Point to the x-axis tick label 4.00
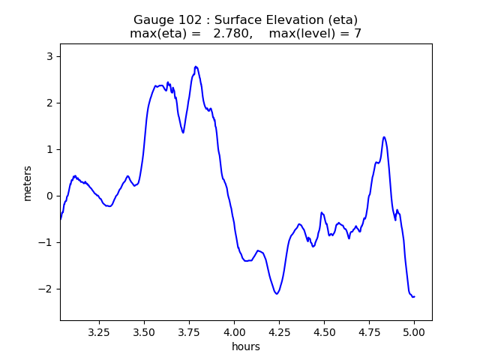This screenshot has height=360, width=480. pos(234,331)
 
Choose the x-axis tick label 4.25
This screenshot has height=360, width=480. pos(279,331)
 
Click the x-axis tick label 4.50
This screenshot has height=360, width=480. pos(324,331)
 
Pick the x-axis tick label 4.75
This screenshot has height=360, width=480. pos(369,331)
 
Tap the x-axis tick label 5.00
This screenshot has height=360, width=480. pos(414,331)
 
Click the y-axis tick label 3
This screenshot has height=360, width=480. pos(50,56)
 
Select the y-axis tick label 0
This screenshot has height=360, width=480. pos(50,196)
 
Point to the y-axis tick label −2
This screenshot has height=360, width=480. pos(47,289)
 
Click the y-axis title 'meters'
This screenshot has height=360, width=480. pos(28,182)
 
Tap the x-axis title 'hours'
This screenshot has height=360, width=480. pos(246,346)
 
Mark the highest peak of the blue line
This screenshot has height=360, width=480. pos(196,66)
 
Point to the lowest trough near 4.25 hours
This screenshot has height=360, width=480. pos(277,293)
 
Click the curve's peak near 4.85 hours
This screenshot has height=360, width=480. pos(384,137)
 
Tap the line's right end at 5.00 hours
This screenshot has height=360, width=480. pos(414,296)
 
